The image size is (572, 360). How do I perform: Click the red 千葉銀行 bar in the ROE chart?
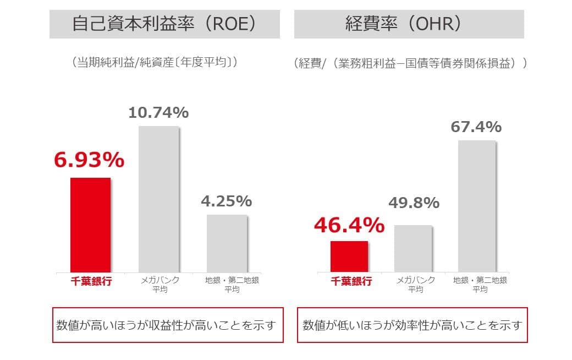90,225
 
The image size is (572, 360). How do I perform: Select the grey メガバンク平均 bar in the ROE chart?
158,199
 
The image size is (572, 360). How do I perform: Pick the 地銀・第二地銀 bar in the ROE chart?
227,243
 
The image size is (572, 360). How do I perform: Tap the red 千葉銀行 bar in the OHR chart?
349,256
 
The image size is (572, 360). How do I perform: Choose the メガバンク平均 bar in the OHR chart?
413,248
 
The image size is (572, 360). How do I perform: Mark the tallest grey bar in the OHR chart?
477,206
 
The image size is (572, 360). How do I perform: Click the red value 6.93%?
89,160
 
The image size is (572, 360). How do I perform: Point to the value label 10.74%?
158,113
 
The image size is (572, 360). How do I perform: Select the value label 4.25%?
226,201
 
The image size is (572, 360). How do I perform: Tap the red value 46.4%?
349,225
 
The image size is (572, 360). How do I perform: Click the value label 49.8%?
414,203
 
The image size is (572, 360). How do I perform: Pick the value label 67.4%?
476,127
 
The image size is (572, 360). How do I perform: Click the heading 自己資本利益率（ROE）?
164,24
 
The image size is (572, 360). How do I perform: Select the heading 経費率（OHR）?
409,24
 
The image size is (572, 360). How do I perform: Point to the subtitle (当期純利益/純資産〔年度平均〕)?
155,63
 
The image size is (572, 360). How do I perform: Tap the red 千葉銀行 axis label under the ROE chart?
92,281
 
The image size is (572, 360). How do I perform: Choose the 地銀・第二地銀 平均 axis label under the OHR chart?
480,284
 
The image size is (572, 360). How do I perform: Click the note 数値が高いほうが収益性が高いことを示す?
168,325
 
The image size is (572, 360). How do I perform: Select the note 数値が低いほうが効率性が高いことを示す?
412,325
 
